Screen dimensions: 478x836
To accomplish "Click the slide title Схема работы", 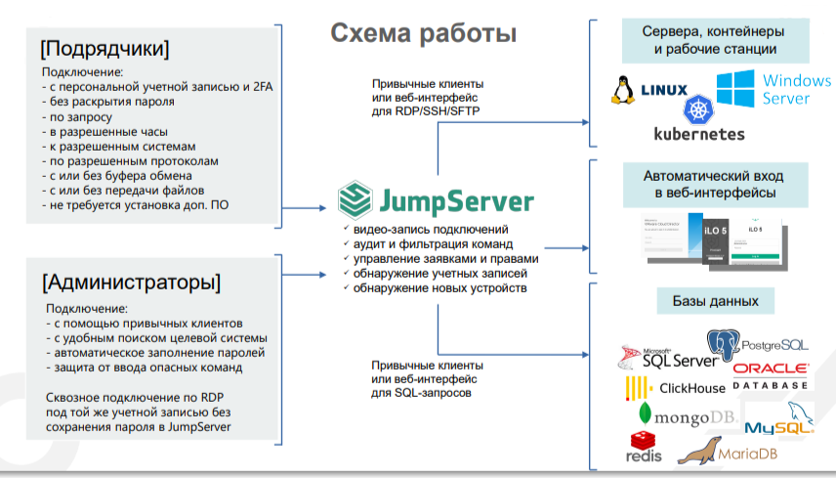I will coord(423,34).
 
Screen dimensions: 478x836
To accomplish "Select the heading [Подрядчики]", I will coord(104,48).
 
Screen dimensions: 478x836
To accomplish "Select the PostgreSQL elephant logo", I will coord(723,347).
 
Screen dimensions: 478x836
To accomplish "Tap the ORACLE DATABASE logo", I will coord(770,376).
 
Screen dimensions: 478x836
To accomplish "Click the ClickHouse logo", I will coord(676,388).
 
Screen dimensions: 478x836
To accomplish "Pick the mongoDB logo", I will coord(682,417).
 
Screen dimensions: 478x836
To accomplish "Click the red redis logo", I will coord(644,447).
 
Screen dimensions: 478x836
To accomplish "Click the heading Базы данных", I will coord(715,300).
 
